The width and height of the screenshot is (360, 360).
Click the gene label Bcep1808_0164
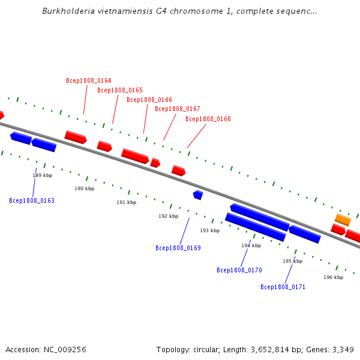pos(88,80)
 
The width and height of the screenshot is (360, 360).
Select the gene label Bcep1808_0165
pos(120,90)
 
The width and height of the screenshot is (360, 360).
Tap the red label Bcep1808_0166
pos(149,100)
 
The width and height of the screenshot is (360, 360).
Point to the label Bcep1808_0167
pos(177,109)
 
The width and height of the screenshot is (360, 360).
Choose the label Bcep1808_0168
pos(208,119)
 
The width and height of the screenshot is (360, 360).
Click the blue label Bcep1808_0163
pos(32,200)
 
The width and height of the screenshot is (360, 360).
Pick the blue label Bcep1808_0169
pos(178,248)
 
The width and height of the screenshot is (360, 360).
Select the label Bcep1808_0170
pos(239,270)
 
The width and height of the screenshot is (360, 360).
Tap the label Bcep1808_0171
pos(283,287)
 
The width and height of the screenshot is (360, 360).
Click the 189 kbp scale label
pos(42,175)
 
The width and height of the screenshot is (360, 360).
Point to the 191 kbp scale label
pos(126,202)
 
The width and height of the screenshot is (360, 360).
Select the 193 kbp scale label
pos(209,230)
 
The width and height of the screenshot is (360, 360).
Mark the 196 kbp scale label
pos(333,277)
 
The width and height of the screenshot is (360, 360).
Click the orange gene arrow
pos(343,220)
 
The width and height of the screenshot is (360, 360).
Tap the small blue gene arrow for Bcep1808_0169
pos(198,194)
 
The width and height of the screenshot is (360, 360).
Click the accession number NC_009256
pos(64,349)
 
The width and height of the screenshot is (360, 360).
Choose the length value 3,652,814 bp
pos(275,349)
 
